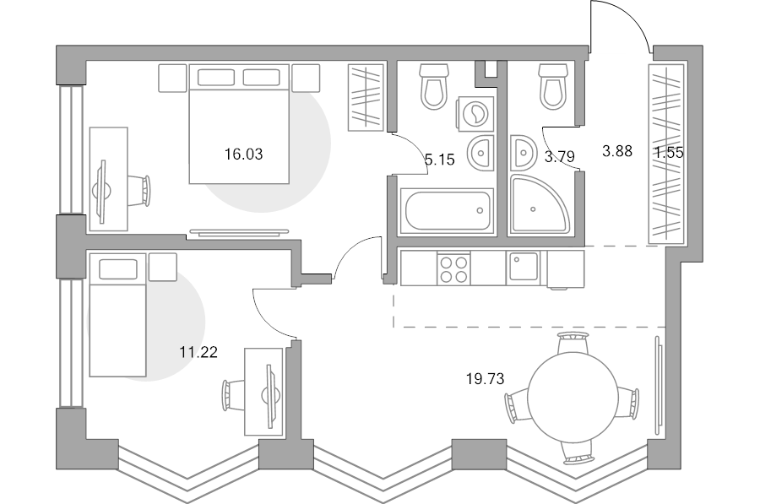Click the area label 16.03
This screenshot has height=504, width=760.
point(243,154)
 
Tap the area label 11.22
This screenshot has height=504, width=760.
point(198,352)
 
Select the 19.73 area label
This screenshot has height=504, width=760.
point(486,378)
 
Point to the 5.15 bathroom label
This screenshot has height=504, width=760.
point(440,159)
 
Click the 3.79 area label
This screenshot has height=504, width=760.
point(560,156)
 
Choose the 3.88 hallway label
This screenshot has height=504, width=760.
point(617,151)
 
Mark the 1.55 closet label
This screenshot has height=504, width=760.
point(670,153)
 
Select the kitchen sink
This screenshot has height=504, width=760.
point(523,268)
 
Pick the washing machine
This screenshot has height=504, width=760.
point(475,113)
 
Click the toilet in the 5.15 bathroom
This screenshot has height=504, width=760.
point(433,86)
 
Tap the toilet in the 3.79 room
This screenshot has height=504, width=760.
point(553,86)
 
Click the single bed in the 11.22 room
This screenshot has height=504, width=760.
point(117,316)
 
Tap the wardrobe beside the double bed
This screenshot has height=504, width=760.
point(366,97)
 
